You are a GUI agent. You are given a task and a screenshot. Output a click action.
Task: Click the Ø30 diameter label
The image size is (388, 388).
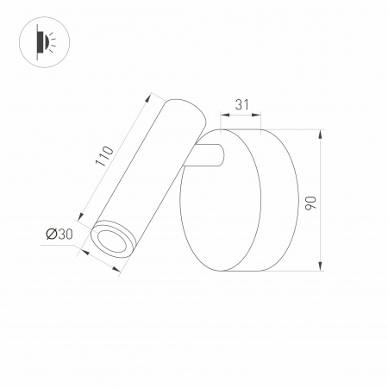59,234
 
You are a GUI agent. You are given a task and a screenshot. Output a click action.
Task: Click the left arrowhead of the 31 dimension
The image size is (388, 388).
224,115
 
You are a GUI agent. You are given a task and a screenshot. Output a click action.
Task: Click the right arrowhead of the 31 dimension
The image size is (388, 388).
260,115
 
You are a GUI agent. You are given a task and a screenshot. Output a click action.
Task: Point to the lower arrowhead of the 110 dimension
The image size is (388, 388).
81,216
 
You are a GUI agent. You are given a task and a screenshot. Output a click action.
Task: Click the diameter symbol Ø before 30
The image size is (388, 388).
51,234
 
